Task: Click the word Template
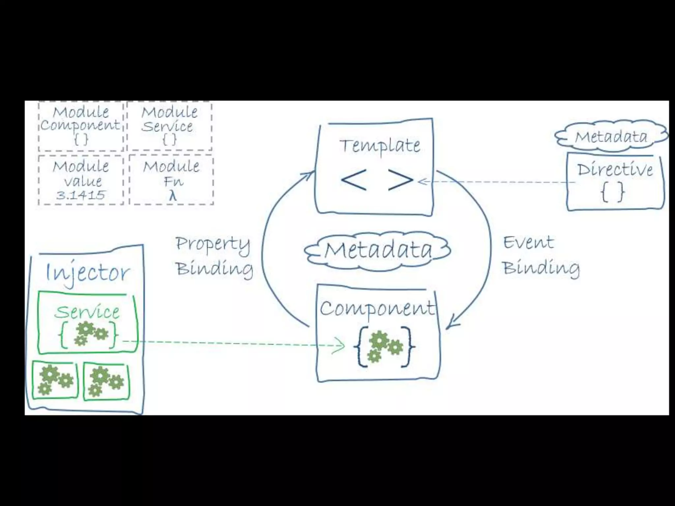[x=380, y=146]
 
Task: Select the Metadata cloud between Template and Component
[x=378, y=250]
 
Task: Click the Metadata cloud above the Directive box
[x=611, y=136]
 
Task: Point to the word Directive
[x=615, y=170]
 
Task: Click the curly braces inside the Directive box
[x=613, y=192]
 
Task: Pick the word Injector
[x=87, y=273]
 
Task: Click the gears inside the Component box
[x=384, y=346]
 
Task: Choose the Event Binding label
[x=541, y=255]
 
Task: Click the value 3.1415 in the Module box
[x=81, y=195]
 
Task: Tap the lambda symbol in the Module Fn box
[x=172, y=196]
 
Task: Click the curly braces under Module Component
[x=81, y=140]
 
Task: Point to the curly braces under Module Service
[x=169, y=140]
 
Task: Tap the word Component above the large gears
[x=377, y=308]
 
